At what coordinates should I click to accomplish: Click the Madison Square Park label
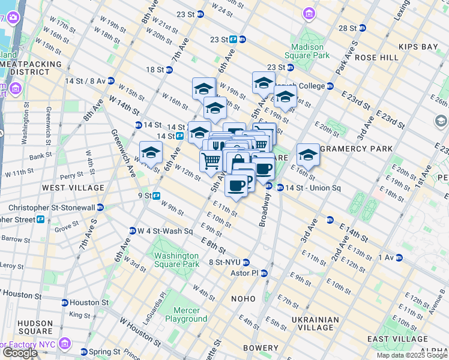(310, 51)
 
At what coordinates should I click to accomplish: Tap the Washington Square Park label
(176, 259)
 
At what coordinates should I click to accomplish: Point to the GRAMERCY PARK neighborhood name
(356, 148)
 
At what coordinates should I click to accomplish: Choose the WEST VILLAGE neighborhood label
(66, 188)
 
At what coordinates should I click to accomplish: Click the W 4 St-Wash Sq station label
(164, 231)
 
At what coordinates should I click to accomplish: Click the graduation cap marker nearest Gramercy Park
(307, 155)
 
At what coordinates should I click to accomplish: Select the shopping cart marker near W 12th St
(211, 161)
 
